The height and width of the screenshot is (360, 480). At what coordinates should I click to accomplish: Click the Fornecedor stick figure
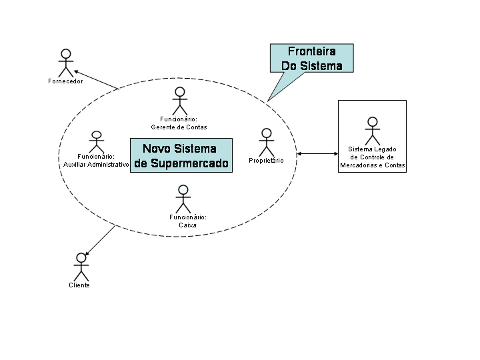tap(65, 63)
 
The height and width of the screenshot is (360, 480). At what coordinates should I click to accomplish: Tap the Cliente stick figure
tap(81, 267)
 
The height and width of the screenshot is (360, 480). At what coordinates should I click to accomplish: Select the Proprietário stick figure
tap(267, 142)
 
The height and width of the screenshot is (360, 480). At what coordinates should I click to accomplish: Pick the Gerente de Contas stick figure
tap(179, 101)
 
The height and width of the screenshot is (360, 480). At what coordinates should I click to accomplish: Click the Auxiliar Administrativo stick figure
tap(97, 141)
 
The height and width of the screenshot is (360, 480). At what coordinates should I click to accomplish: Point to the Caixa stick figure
tap(183, 199)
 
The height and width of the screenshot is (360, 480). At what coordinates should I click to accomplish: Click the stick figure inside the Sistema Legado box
tap(372, 131)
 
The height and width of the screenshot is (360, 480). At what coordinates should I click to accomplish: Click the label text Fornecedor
tap(65, 81)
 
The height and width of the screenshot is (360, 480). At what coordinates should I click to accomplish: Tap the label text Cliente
tap(79, 285)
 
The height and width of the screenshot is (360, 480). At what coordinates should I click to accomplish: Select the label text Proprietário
tap(266, 161)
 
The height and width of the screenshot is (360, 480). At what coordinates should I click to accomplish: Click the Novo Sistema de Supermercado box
tap(181, 155)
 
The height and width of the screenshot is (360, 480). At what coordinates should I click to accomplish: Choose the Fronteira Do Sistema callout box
tap(311, 58)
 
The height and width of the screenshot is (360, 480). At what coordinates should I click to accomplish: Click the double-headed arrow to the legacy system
tap(318, 154)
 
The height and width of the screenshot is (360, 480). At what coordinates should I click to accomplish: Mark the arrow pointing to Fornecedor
tap(96, 79)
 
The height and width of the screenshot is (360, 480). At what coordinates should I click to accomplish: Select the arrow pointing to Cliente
tap(101, 241)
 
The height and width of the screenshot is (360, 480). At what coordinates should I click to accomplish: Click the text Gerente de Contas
tap(179, 127)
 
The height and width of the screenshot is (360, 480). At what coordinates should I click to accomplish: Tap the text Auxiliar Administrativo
tap(96, 164)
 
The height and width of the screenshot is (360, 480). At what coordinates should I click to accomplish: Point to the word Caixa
tap(187, 225)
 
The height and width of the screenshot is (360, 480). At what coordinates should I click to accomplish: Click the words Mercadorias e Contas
tap(372, 165)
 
